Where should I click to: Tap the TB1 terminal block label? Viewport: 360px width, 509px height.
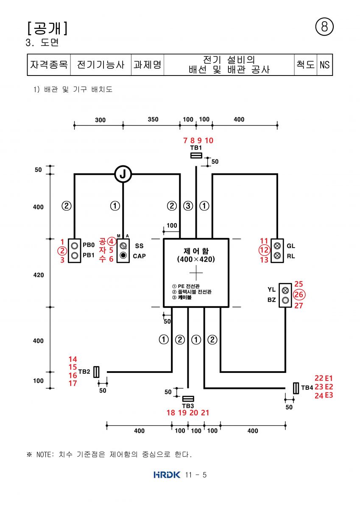click(x=196, y=148)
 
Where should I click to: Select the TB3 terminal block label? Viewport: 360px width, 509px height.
click(x=188, y=406)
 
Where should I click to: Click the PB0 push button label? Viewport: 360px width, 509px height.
click(x=89, y=245)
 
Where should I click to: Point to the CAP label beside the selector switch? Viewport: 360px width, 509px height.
click(x=139, y=256)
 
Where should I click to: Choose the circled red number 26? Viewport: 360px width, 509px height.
click(x=299, y=294)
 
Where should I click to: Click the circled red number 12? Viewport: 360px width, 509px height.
click(x=264, y=250)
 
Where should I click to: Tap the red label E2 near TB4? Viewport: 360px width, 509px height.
click(x=329, y=386)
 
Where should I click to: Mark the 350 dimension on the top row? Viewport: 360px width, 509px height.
click(x=153, y=119)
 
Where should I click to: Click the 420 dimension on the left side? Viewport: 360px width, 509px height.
click(x=39, y=275)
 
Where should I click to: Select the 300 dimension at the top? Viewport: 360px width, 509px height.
click(x=100, y=120)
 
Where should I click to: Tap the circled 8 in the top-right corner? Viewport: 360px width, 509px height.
click(x=324, y=27)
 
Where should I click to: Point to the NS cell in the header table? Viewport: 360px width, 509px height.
click(x=324, y=65)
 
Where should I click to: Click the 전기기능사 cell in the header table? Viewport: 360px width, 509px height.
click(x=100, y=65)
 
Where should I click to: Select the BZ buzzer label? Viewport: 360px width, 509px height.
click(x=271, y=300)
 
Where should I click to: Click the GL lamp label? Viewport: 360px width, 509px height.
click(x=291, y=246)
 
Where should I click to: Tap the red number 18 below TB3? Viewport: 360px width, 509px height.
click(x=171, y=413)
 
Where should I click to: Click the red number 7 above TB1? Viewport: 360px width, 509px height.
click(x=185, y=140)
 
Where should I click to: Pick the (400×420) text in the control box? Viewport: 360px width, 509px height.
click(x=196, y=259)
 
